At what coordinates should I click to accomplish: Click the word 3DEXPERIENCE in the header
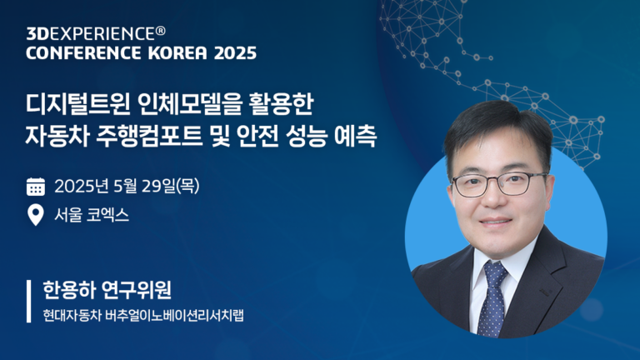point(91,34)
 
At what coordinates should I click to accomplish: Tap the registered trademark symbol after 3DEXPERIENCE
point(160,31)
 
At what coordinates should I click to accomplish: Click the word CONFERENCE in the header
point(83,53)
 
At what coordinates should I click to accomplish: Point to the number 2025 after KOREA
point(236,53)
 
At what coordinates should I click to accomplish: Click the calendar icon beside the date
point(36,187)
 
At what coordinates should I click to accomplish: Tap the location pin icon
point(36,215)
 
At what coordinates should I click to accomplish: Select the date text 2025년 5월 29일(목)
point(127,187)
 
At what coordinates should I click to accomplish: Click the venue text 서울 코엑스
point(92,215)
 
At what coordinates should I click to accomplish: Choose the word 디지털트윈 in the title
point(78,104)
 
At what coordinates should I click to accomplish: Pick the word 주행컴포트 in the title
point(149,137)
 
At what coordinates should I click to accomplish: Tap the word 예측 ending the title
point(355,137)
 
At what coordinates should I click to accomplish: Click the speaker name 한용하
point(68,290)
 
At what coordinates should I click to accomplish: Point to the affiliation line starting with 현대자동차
point(143,316)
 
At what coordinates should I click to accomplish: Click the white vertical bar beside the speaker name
point(28,301)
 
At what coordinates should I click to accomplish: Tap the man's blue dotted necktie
point(492,299)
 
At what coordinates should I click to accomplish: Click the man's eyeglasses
point(499,184)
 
